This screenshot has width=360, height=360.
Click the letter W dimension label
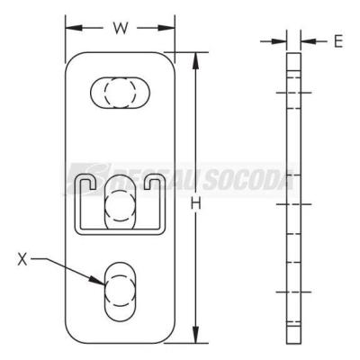[121, 28]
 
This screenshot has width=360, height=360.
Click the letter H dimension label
[196, 205]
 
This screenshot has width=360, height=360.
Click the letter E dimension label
[338, 41]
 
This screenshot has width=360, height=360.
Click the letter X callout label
[22, 259]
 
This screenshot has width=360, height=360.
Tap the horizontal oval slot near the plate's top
[121, 93]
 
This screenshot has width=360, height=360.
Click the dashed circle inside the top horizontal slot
[120, 93]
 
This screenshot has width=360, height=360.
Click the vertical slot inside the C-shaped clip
[120, 205]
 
